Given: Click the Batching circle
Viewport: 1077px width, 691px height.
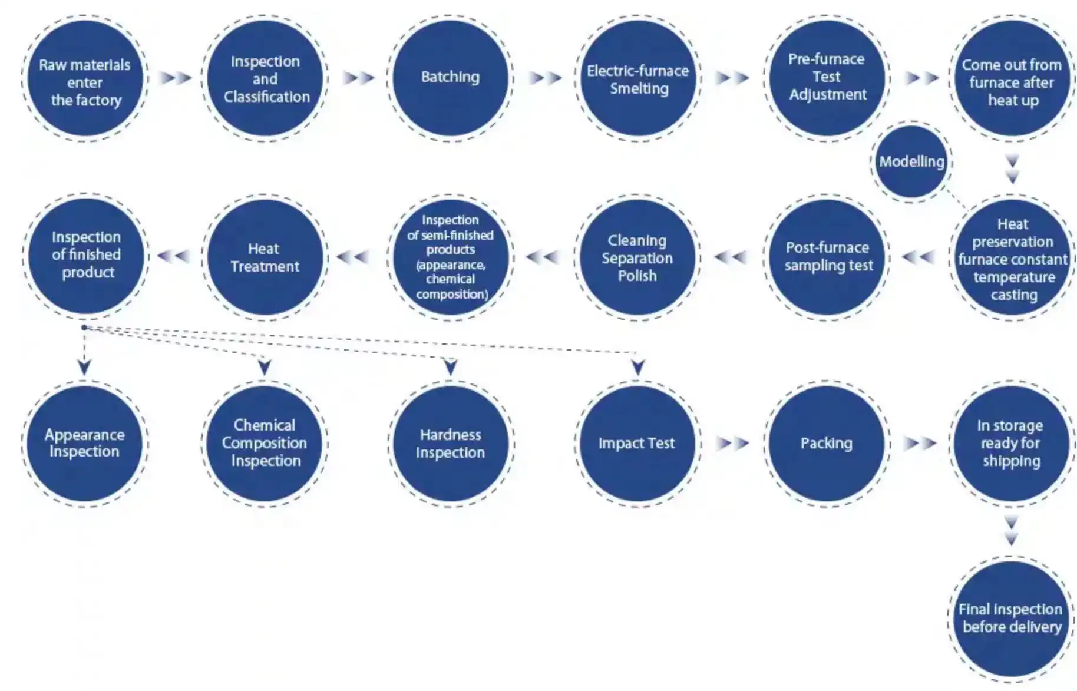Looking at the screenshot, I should tap(450, 78).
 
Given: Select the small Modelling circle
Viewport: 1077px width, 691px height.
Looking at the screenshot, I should tap(911, 161).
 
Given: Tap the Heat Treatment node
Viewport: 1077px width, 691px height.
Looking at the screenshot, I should tap(265, 257).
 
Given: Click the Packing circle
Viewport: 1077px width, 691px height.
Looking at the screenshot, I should tap(826, 443).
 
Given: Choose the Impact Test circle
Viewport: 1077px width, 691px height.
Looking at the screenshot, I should tap(636, 443).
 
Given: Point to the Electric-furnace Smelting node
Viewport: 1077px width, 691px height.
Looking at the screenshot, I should tap(637, 79).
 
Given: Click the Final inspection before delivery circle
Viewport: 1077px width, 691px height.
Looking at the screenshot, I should tap(1011, 619).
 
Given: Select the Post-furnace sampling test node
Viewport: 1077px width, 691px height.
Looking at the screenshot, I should tap(828, 257).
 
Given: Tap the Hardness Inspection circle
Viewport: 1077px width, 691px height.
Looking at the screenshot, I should tap(450, 443).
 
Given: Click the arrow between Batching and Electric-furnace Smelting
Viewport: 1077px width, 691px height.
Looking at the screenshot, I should tap(544, 78).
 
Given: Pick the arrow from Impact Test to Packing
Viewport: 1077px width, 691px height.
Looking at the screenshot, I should tap(732, 443).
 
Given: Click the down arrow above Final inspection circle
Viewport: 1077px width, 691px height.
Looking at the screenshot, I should tap(1011, 530).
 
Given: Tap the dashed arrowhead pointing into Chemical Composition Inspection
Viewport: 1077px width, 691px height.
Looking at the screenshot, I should tap(265, 368).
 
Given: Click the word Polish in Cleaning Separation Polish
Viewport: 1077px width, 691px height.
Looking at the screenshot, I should tap(637, 276).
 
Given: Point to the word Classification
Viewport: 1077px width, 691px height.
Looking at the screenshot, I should tap(266, 97).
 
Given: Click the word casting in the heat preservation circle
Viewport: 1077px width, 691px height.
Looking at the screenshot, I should tap(1013, 295).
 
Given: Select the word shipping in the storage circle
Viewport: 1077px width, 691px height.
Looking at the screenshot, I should tap(1011, 461).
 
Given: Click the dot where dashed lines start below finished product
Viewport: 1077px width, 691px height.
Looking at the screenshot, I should tap(84, 328).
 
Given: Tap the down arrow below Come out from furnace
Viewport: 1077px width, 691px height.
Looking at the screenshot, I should tap(1012, 169).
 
